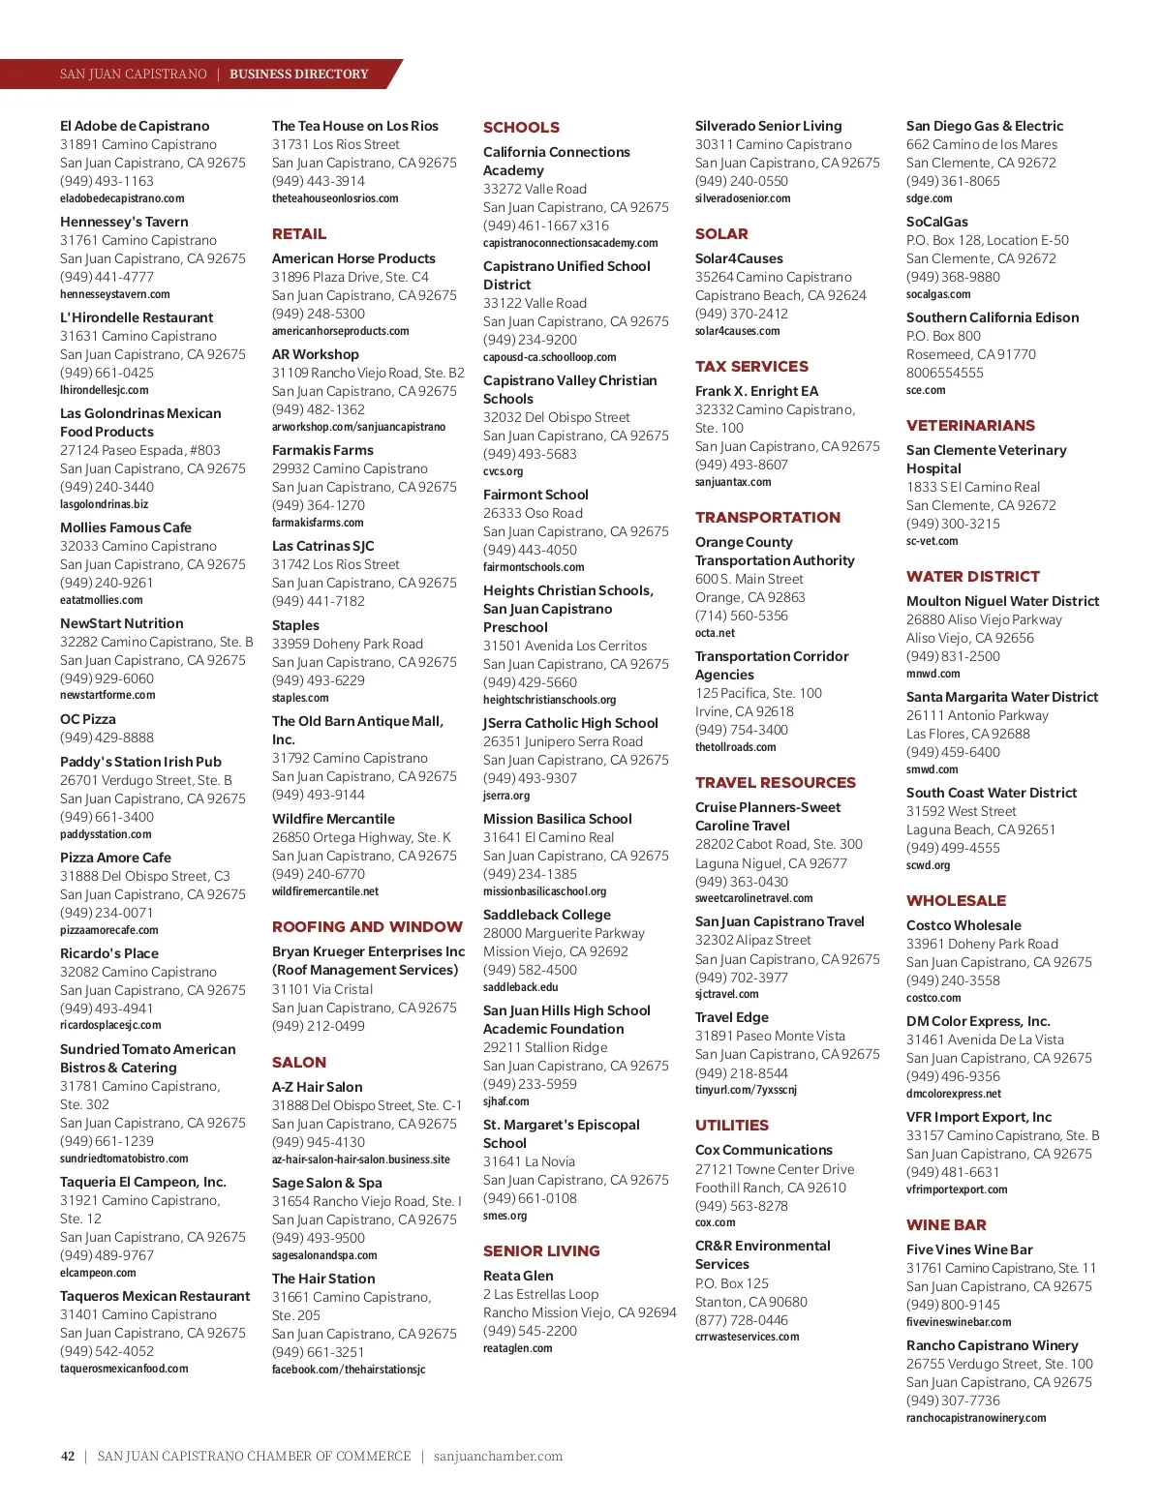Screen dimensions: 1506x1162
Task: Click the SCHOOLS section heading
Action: tap(521, 127)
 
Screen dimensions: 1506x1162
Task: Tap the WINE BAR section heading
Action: tap(946, 1224)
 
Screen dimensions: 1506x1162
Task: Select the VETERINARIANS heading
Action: tap(970, 425)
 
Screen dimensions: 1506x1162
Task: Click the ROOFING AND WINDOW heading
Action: tap(367, 926)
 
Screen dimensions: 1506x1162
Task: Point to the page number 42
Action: tap(68, 1456)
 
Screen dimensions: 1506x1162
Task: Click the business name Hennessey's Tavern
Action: tap(124, 222)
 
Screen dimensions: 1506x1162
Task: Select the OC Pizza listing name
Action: tap(88, 719)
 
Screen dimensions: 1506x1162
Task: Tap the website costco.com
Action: tap(933, 998)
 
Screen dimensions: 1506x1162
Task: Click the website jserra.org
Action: tap(506, 796)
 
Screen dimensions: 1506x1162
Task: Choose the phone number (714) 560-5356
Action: tap(742, 616)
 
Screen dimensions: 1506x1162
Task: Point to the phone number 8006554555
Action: tap(945, 373)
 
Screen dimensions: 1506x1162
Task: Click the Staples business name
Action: tap(295, 625)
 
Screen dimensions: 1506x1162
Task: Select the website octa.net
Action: tap(715, 633)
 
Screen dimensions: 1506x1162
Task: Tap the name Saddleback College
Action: tap(547, 915)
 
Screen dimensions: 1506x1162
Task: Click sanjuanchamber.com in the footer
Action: tap(498, 1456)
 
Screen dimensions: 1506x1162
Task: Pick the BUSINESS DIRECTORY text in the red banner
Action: tap(298, 74)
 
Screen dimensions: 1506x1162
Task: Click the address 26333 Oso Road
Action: tap(533, 513)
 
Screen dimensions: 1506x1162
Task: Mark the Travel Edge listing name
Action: tap(731, 1017)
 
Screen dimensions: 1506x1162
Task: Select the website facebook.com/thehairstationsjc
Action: tap(349, 1370)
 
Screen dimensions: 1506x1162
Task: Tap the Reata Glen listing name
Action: tap(518, 1276)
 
